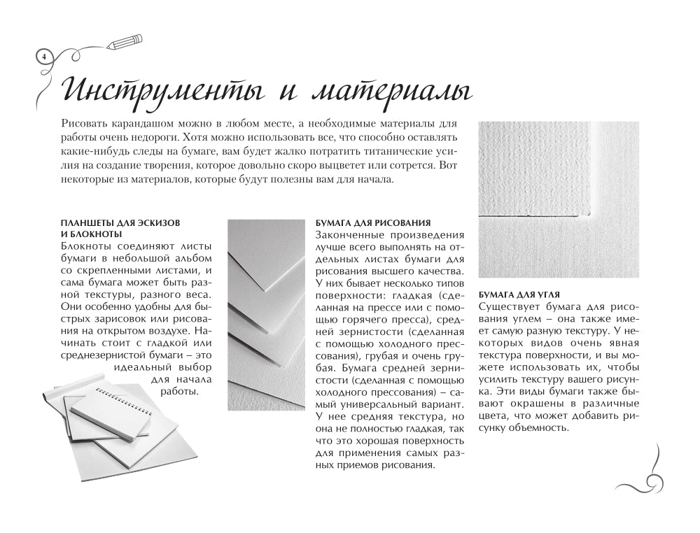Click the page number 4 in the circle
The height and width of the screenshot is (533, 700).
coord(43,56)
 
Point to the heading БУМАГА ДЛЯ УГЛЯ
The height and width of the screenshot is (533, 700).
coord(519,294)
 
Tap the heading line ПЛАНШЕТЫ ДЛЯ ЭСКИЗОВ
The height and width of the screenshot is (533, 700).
coord(120,222)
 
